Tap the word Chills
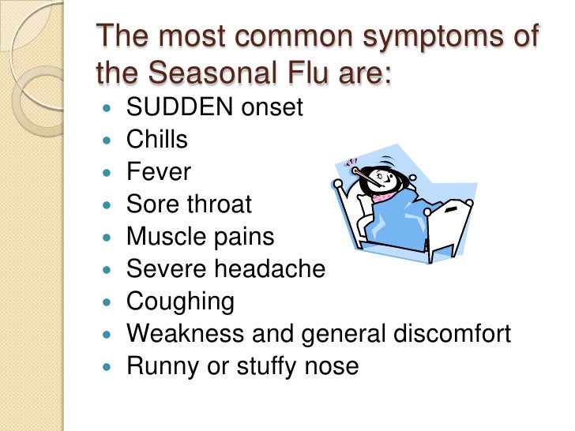[x=157, y=141]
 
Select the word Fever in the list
[x=158, y=172]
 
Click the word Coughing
[x=180, y=302]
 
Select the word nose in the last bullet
[x=332, y=366]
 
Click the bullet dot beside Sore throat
[x=108, y=205]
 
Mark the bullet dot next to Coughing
[x=108, y=302]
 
